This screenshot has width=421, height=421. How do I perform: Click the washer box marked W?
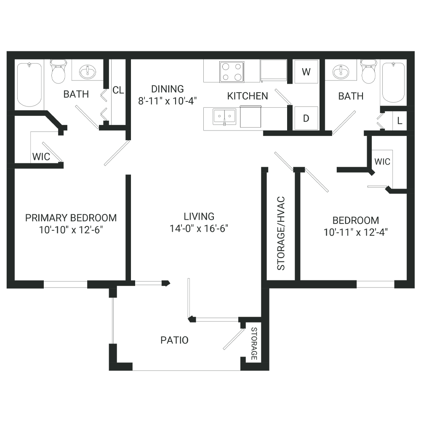[x=306, y=72]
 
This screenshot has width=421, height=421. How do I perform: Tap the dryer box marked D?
[x=306, y=118]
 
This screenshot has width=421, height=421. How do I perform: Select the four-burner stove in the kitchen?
[x=232, y=72]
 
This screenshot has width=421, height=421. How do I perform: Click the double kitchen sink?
[x=224, y=117]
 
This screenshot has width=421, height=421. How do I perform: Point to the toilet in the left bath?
[x=58, y=72]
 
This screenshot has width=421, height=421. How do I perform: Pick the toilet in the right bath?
[x=369, y=72]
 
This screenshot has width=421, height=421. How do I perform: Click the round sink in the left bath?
[x=87, y=72]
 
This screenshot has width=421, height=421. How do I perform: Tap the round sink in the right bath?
[x=341, y=72]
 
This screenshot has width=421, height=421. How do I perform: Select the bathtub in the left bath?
[x=29, y=85]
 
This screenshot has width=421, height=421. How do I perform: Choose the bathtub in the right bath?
[x=393, y=83]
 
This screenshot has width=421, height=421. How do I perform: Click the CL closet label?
[x=118, y=90]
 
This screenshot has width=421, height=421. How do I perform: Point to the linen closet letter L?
[x=400, y=121]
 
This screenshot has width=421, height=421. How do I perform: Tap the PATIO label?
[x=175, y=340]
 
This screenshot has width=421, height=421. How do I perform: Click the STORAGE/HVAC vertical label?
[x=281, y=233]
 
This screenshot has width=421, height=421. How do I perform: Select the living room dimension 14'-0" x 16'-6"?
[x=199, y=229]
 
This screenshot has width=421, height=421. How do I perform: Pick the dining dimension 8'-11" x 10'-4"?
[x=168, y=101]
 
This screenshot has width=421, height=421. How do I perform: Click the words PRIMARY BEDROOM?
[x=71, y=218]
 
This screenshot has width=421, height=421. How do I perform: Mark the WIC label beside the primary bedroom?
[x=41, y=157]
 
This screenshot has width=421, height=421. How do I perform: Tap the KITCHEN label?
[x=248, y=96]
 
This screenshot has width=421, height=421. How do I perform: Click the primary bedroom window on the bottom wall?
[x=66, y=284]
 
